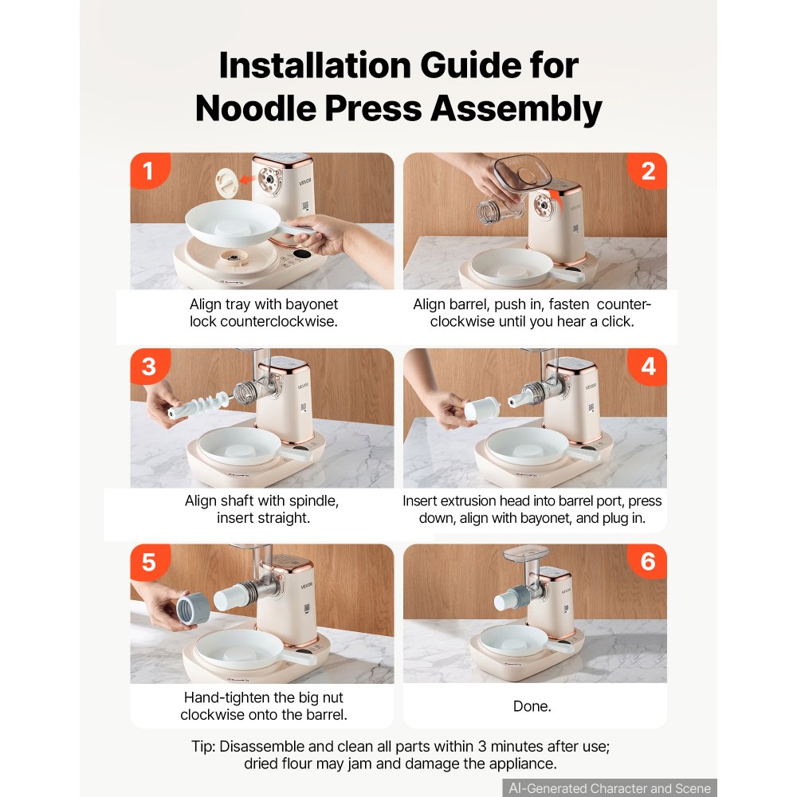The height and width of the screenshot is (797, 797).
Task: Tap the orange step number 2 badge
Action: click(647, 171)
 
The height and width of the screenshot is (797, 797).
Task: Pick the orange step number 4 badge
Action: click(647, 367)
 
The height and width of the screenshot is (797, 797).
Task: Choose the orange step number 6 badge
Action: click(647, 562)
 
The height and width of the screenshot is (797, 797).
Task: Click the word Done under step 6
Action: click(532, 706)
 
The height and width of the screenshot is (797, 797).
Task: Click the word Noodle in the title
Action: click(256, 108)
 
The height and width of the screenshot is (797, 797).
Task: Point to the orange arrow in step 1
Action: click(247, 179)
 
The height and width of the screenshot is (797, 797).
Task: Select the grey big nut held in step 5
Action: click(194, 610)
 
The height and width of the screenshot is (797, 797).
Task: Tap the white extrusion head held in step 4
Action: click(481, 408)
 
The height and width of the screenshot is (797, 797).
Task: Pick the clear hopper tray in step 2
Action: click(523, 171)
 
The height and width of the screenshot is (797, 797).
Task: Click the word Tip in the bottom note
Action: click(203, 747)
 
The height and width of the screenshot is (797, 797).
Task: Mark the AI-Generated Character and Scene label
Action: click(610, 788)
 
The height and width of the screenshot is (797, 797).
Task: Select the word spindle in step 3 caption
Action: click(313, 501)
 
